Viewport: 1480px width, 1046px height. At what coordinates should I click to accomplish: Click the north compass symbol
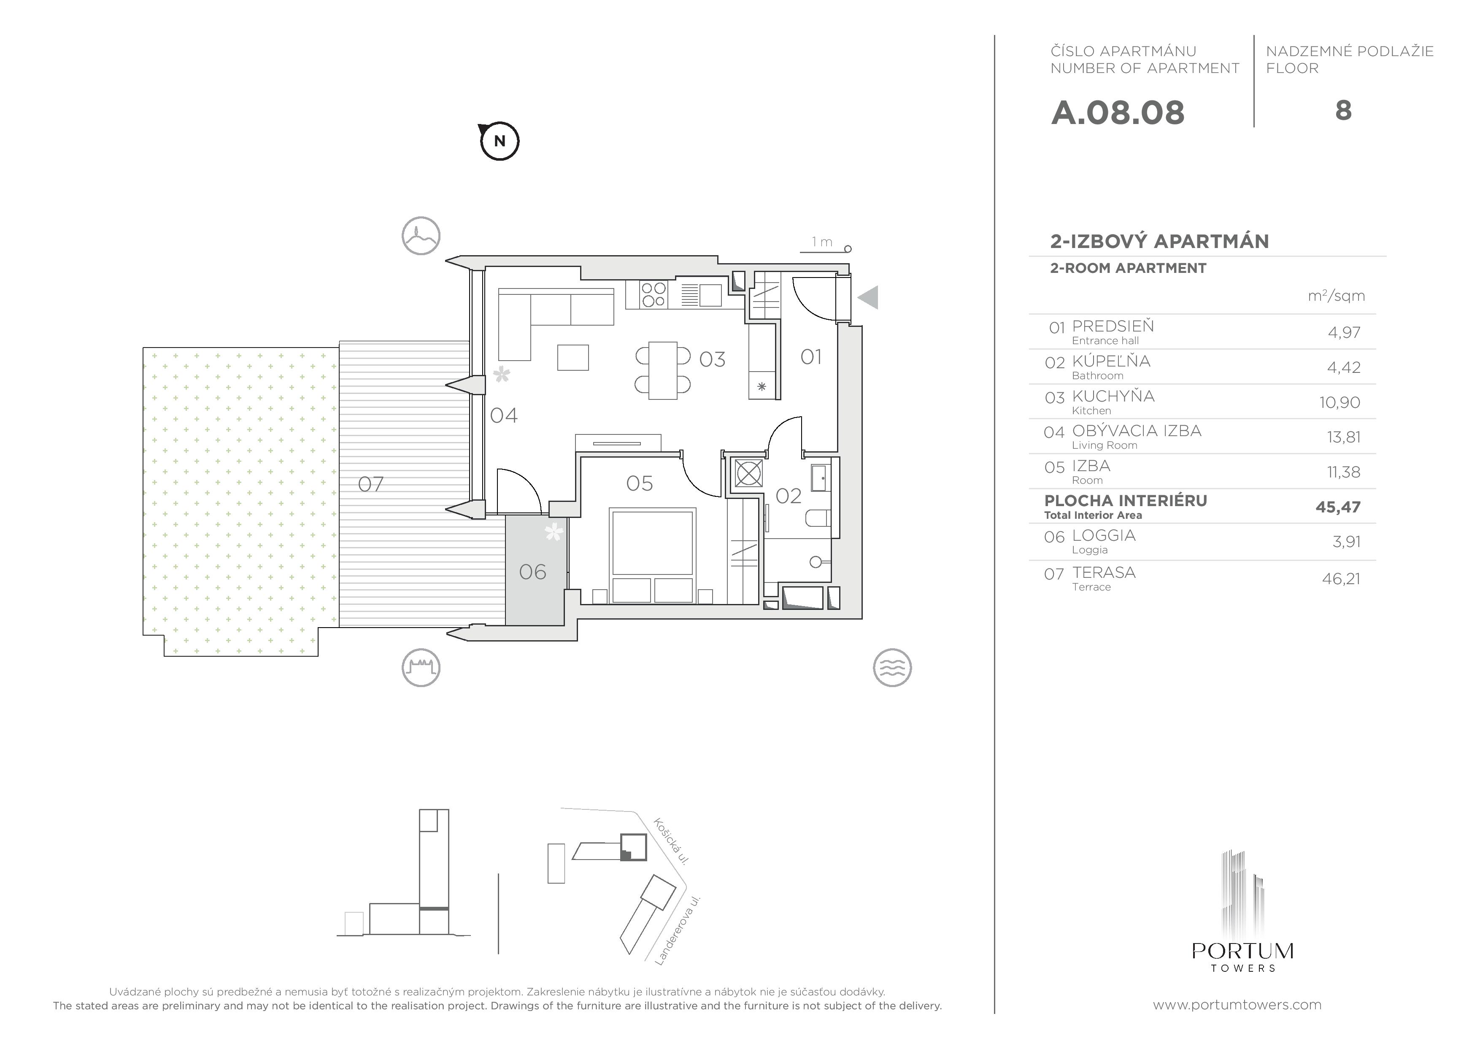click(500, 140)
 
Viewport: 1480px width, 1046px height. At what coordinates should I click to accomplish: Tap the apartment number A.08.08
click(1118, 113)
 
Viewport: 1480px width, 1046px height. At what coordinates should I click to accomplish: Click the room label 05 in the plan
click(640, 483)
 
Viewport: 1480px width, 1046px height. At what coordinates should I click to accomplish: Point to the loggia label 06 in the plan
click(532, 572)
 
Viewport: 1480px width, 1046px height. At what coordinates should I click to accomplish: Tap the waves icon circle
click(892, 667)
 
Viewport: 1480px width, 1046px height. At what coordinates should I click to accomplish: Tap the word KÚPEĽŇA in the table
click(1111, 361)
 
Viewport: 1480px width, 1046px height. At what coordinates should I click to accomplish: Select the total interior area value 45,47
click(1338, 507)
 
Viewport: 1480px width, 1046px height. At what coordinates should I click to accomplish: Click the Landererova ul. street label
click(678, 930)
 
